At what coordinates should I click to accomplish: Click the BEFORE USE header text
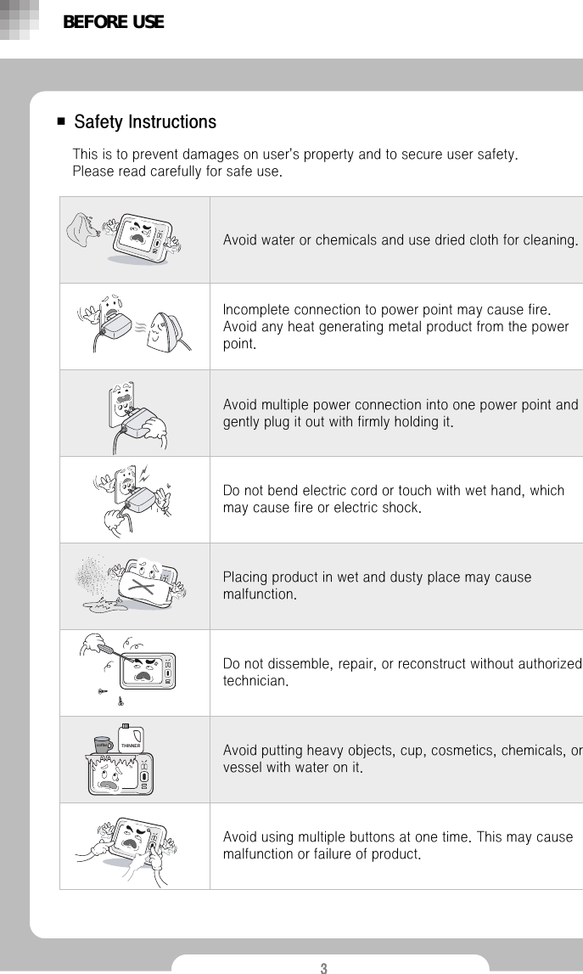[x=113, y=22]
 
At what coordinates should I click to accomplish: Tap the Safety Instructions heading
[x=145, y=122]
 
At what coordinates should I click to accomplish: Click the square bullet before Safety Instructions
[x=61, y=122]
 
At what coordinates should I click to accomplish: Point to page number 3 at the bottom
[x=323, y=968]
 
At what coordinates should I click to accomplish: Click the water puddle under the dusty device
[x=105, y=605]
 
